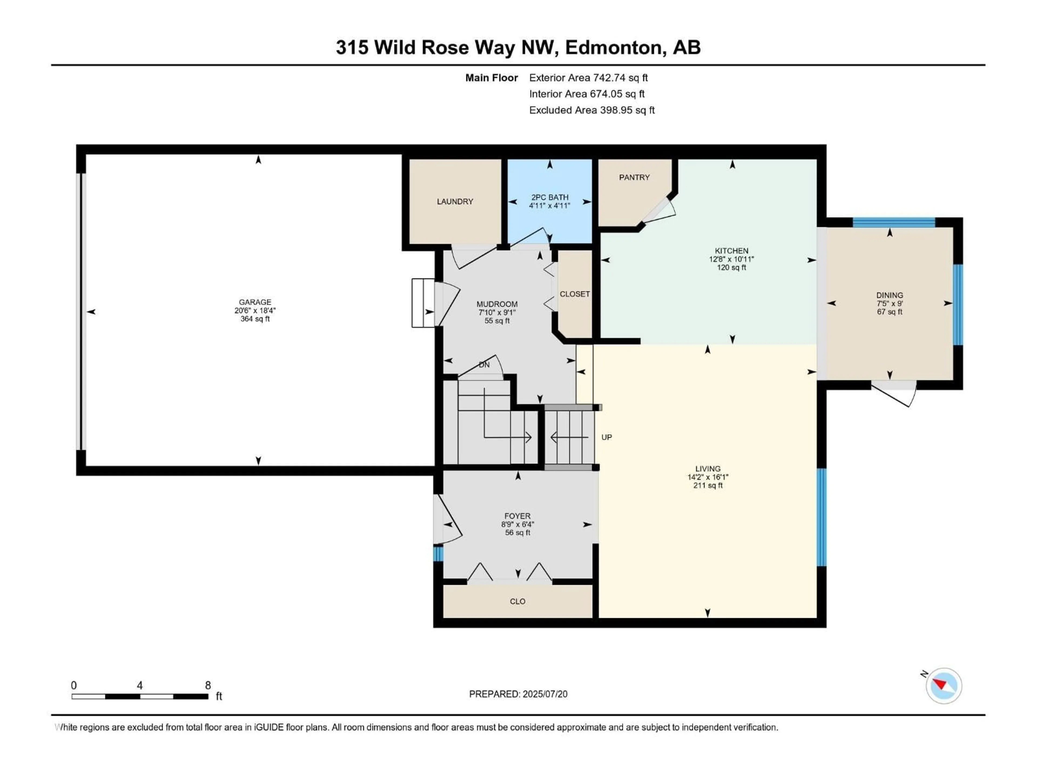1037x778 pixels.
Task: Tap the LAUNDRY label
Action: [x=455, y=202]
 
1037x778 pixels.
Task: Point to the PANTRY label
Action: [x=634, y=177]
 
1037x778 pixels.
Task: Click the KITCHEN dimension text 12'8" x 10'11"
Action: [x=731, y=259]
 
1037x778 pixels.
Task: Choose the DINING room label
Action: [x=889, y=295]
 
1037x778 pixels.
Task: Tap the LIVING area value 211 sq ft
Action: [x=708, y=485]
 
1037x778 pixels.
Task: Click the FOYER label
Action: [x=518, y=516]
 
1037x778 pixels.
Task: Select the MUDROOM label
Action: [x=497, y=304]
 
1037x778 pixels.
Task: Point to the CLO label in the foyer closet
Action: [x=518, y=601]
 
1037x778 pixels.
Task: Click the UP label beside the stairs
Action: [x=607, y=437]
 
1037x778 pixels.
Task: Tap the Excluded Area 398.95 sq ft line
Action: [x=592, y=110]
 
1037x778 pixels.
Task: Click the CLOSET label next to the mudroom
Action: [x=575, y=294]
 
